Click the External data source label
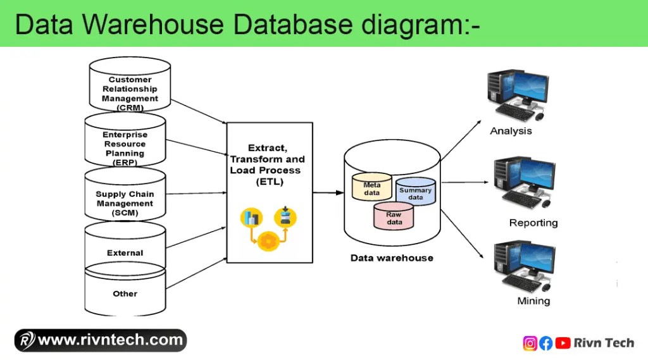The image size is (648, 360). (125, 253)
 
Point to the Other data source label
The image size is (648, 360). (125, 294)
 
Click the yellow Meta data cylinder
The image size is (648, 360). (371, 187)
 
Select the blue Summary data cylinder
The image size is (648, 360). (415, 192)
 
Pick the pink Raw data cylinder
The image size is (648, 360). (394, 217)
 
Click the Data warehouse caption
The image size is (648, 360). (392, 258)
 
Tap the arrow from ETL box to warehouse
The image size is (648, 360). (328, 192)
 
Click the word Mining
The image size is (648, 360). (533, 301)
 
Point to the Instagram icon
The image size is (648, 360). (530, 343)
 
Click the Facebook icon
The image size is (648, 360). (545, 343)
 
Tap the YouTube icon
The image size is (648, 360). (562, 343)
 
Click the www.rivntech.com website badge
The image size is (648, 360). (101, 340)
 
